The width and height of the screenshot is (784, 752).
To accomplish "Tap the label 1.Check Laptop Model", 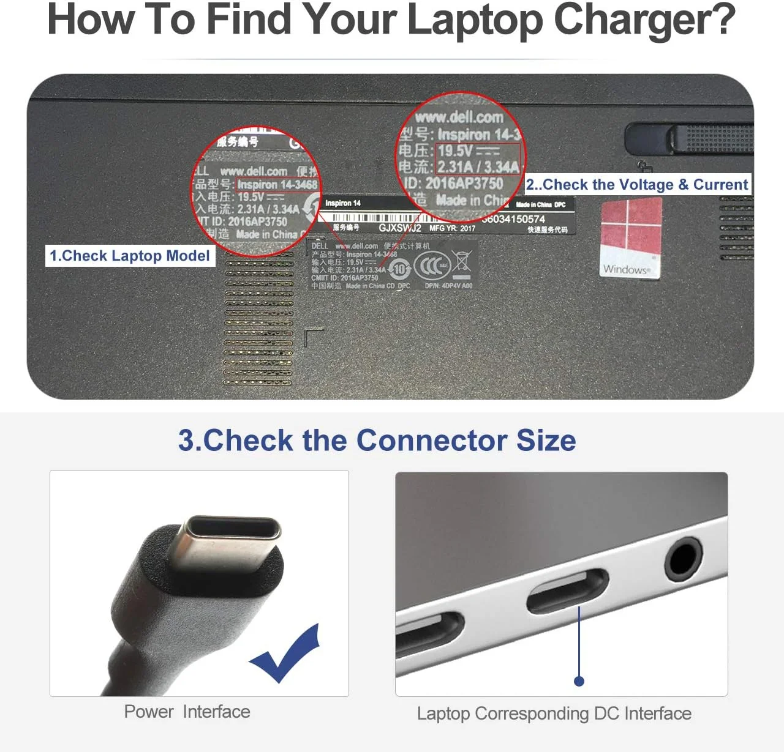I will [x=130, y=256].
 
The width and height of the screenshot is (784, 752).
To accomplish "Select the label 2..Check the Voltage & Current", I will [x=637, y=185].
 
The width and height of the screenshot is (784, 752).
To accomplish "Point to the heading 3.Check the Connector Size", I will [x=377, y=441].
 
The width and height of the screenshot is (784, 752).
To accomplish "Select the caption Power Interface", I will [x=187, y=712].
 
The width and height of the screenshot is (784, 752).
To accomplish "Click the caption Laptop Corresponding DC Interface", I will [x=554, y=713].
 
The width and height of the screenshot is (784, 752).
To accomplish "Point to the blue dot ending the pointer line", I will [x=579, y=681].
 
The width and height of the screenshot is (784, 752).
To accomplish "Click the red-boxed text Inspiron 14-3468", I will [x=277, y=184].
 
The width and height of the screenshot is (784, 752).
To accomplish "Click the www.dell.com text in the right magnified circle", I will [x=459, y=117].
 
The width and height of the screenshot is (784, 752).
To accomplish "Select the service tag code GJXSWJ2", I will [x=400, y=228].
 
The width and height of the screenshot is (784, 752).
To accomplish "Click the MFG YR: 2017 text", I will [x=452, y=228].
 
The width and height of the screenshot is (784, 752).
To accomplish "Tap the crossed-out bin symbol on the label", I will [x=462, y=262].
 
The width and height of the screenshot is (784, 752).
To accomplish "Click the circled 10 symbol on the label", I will [x=399, y=269].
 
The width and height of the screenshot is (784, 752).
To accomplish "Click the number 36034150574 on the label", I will [x=514, y=219].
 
